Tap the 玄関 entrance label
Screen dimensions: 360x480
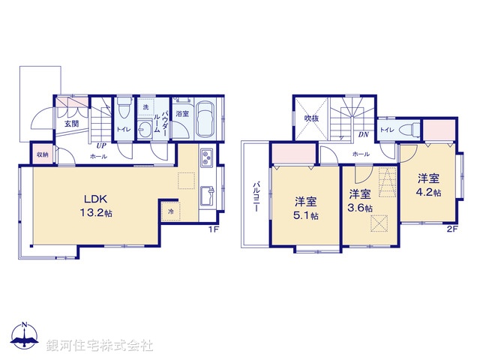click(x=70, y=124)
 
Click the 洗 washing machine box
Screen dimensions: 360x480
click(x=145, y=108)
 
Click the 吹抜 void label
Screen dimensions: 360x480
click(x=311, y=118)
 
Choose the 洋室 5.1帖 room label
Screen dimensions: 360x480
click(x=305, y=208)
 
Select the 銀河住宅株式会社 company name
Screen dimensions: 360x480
click(x=100, y=346)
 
